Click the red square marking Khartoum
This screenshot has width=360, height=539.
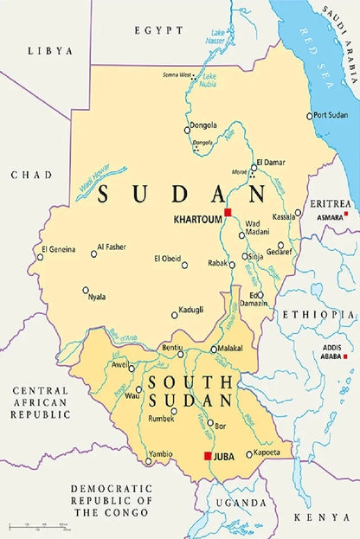(228, 212)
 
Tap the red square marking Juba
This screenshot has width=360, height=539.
(207, 456)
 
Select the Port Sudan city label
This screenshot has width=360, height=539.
(331, 115)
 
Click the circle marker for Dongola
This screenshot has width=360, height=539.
(187, 131)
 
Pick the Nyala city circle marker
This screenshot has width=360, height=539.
(85, 290)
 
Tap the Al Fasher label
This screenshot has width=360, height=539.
(112, 247)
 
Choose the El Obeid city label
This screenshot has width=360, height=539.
(167, 258)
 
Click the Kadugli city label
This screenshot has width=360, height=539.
(191, 309)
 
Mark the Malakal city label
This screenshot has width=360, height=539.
(230, 349)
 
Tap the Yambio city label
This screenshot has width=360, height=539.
(161, 453)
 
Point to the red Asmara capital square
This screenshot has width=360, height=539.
(346, 214)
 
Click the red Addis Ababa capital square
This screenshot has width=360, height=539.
(345, 356)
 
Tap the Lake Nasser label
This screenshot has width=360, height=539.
(216, 37)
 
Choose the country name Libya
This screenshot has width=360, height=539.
(49, 51)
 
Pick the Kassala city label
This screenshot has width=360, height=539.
(284, 216)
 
